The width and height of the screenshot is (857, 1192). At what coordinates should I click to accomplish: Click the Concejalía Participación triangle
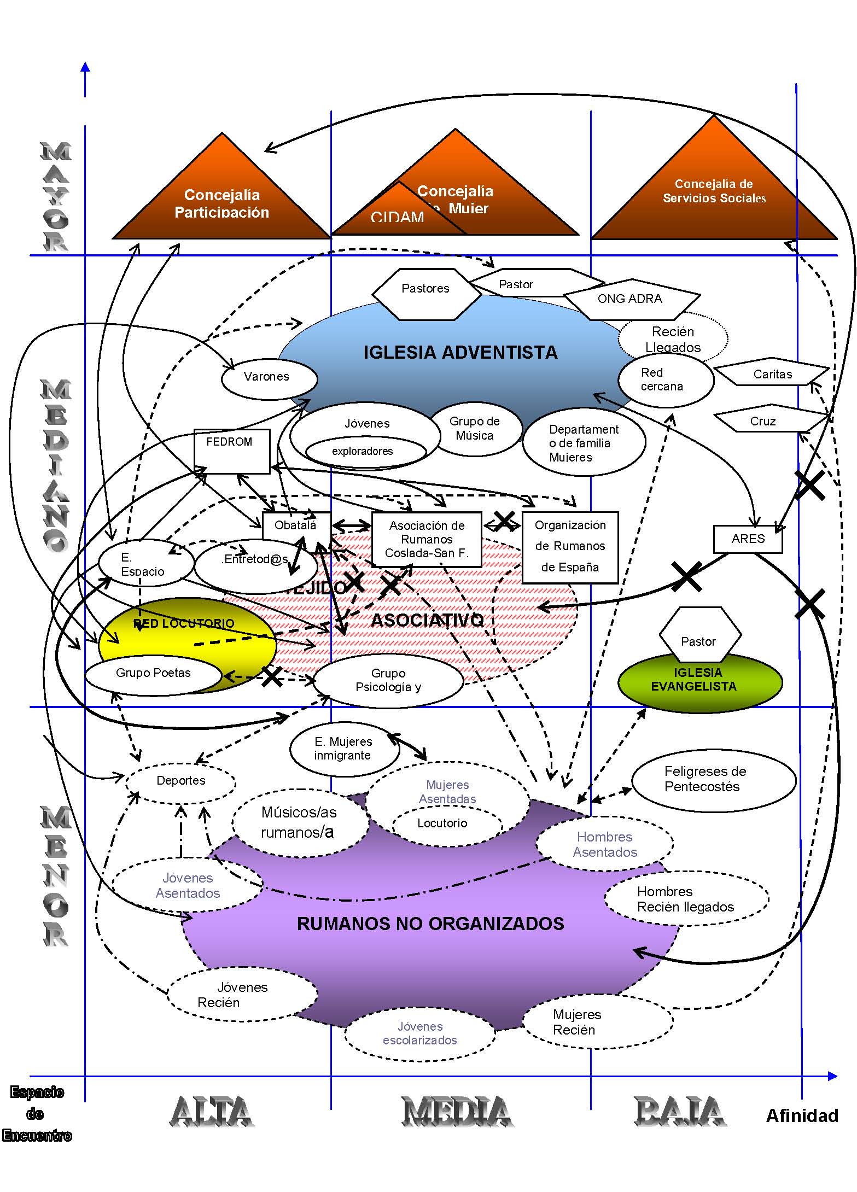(x=221, y=202)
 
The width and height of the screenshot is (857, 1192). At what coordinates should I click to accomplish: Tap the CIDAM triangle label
(x=398, y=217)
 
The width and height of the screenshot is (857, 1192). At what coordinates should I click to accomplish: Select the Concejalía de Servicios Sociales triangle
(x=714, y=191)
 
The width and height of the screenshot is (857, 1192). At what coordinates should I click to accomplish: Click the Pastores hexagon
(x=425, y=289)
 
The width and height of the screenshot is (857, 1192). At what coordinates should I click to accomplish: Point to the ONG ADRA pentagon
(x=630, y=299)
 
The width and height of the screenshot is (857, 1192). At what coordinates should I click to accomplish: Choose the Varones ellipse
(x=267, y=377)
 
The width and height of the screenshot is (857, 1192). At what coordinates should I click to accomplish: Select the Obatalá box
(x=296, y=525)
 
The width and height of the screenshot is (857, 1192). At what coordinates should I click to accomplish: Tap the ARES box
(x=748, y=539)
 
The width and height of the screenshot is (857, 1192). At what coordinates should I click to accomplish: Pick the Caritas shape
(x=772, y=375)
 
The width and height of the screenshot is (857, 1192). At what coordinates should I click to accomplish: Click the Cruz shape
(x=763, y=422)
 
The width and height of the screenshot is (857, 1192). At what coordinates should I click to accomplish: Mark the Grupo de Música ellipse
(x=475, y=429)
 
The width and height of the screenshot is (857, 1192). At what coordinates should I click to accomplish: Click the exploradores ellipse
(x=363, y=452)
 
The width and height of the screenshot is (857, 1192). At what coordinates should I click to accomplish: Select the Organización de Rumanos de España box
(x=570, y=546)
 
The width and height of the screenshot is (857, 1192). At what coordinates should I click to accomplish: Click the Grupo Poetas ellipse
(x=153, y=674)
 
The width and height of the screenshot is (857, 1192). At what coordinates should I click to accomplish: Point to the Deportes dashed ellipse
(x=181, y=781)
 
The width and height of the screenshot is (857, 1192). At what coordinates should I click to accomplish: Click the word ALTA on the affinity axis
(x=212, y=1112)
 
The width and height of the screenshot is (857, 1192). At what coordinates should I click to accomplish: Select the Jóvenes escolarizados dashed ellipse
(x=420, y=1034)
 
